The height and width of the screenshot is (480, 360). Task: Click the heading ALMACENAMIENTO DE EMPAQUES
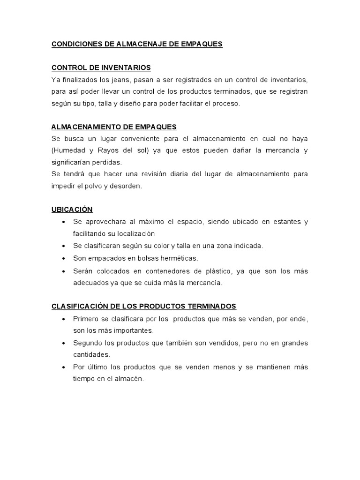(x=114, y=127)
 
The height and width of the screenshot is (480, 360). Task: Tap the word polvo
(x=96, y=186)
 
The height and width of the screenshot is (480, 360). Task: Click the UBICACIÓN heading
(x=72, y=209)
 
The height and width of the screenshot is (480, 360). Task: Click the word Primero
(x=86, y=319)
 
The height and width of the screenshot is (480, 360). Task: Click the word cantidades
(x=91, y=355)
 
